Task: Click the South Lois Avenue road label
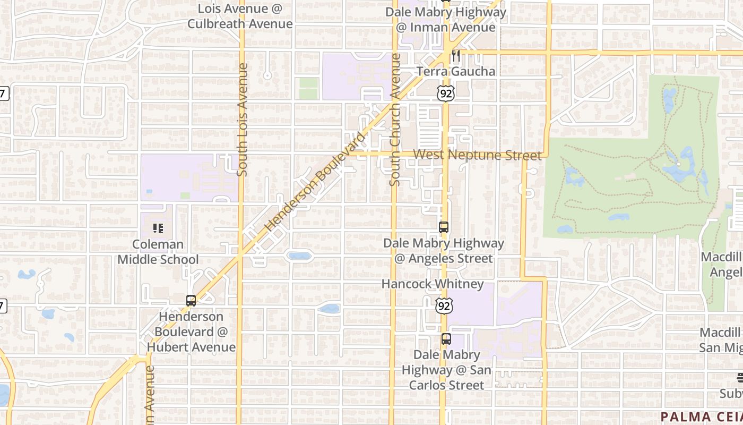(242, 120)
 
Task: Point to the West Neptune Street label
(477, 155)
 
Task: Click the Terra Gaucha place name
(456, 71)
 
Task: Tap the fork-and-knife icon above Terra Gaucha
(455, 56)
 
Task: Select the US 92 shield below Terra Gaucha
(446, 93)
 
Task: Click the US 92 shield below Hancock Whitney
(444, 305)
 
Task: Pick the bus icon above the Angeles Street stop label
(444, 227)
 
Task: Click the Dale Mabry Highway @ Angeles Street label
(444, 251)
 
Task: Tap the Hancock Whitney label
(433, 284)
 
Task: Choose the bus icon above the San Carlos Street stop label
(446, 339)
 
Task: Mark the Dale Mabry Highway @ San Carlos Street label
(446, 370)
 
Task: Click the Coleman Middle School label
(158, 252)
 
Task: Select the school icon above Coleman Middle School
(158, 228)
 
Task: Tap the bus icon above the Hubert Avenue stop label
(191, 301)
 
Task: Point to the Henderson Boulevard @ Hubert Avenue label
(191, 331)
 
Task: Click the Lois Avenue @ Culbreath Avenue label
(240, 16)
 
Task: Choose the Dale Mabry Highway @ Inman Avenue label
(446, 20)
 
